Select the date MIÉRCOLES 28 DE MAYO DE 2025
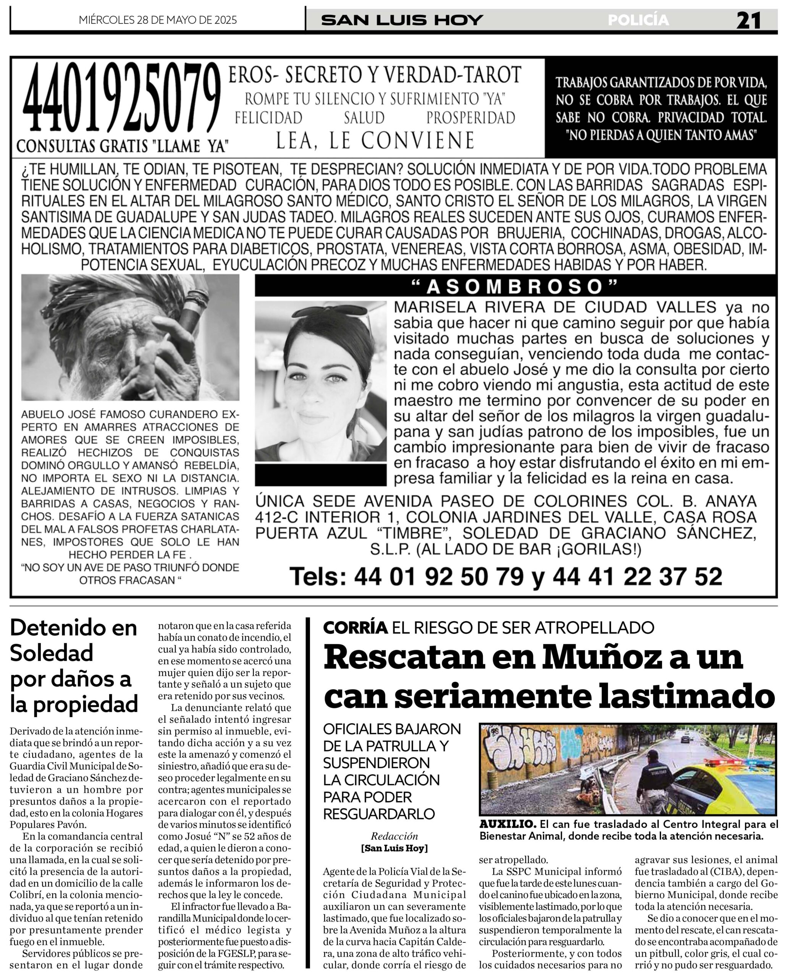[x=158, y=20]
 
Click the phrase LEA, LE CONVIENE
[x=375, y=140]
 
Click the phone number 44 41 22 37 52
[x=637, y=576]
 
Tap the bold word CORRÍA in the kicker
[x=356, y=628]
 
